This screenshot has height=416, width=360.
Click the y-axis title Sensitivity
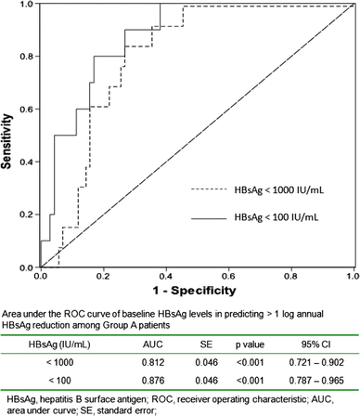click(8, 135)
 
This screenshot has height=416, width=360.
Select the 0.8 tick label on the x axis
click(290, 277)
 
